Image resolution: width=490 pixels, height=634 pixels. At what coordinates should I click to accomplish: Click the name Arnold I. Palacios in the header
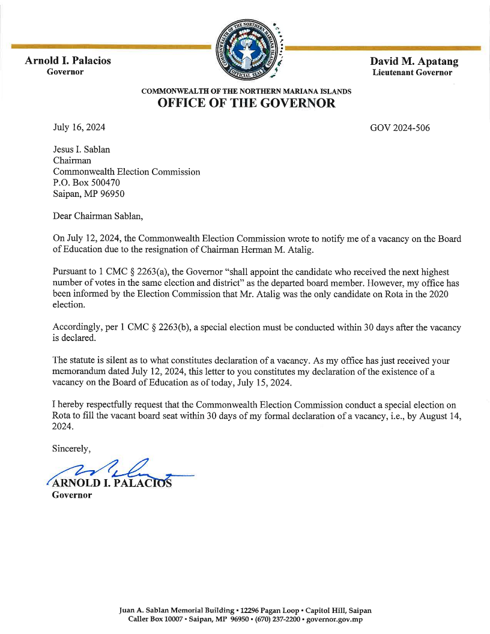click(68, 61)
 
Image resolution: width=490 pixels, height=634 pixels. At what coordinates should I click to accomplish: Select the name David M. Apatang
click(414, 61)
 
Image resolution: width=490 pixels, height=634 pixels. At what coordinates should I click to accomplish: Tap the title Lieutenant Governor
click(412, 73)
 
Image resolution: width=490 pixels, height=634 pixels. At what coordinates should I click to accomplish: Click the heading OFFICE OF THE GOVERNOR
click(246, 103)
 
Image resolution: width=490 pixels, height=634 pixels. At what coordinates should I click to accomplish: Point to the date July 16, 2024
click(79, 128)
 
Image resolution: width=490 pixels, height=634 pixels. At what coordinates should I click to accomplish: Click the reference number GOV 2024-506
click(400, 128)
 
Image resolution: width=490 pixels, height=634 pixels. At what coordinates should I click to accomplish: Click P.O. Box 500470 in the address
click(86, 183)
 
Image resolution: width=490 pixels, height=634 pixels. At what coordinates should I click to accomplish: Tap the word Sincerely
click(71, 448)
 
